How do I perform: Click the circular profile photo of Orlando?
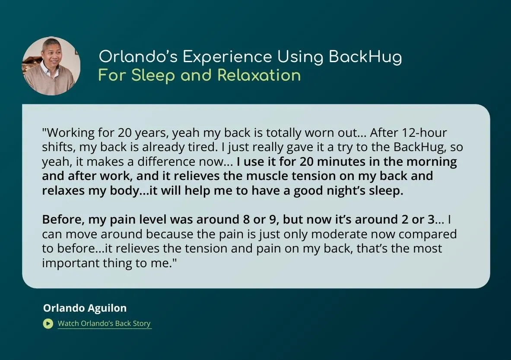[51, 66]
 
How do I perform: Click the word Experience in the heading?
[227, 57]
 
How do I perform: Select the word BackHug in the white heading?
[365, 57]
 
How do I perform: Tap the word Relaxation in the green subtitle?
[259, 75]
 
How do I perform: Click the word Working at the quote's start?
[71, 133]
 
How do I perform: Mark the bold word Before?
[63, 220]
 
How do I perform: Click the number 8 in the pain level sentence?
[246, 220]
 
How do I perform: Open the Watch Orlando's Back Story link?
[104, 323]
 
